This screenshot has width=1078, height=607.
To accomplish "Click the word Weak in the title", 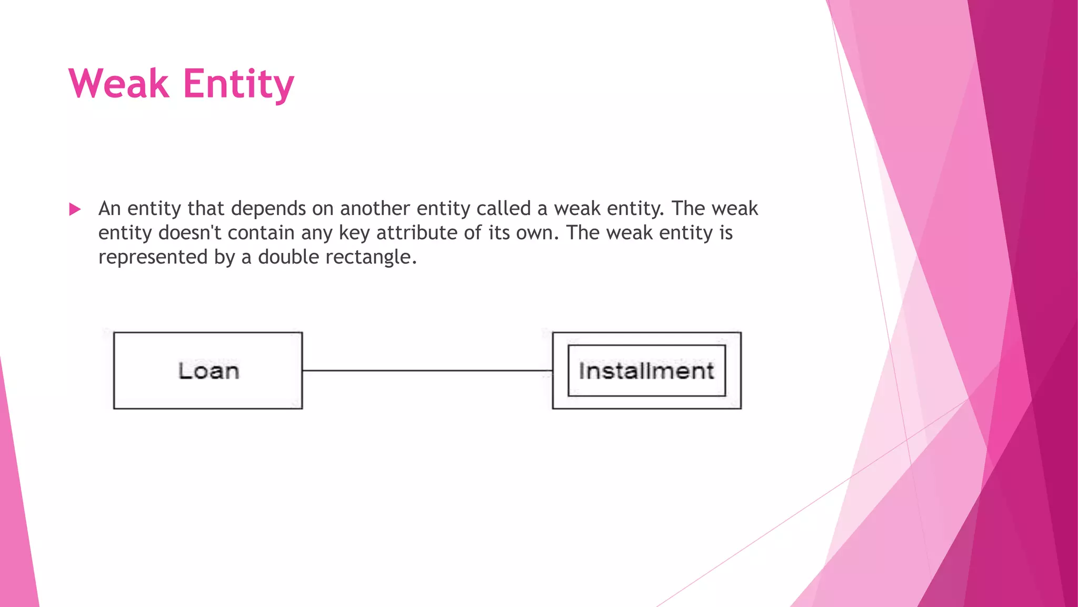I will point(119,84).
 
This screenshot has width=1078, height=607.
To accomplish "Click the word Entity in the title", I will point(238,85).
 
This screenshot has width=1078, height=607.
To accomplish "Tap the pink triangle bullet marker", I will point(75,210).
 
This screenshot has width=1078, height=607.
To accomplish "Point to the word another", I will point(375,209).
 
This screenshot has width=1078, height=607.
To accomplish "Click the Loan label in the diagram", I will point(208,371).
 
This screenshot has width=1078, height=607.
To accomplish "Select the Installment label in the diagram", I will point(646,371).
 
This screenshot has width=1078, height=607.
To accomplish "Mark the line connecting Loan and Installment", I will point(427,370).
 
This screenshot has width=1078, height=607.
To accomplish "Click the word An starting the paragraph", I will point(109,209).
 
